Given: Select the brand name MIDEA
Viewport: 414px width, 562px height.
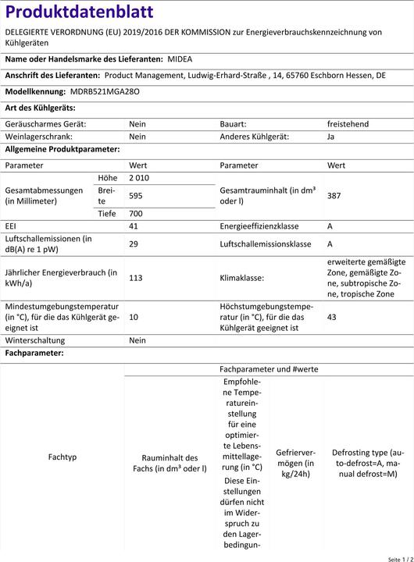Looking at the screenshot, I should click(x=179, y=59).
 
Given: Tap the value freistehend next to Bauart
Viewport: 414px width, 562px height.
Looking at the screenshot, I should click(x=348, y=124).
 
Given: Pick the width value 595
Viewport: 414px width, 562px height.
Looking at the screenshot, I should click(x=136, y=195).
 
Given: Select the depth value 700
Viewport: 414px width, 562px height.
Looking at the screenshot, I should click(x=136, y=213).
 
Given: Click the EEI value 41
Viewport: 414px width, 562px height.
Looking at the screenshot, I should click(x=134, y=226).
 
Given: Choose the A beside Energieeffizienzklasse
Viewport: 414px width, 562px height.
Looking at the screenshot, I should click(x=330, y=226).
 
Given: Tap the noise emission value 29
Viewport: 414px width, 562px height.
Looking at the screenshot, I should click(x=134, y=244).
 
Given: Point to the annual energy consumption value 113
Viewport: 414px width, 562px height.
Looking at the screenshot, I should click(x=135, y=277).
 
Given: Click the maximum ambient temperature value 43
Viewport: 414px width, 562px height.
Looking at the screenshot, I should click(x=332, y=318).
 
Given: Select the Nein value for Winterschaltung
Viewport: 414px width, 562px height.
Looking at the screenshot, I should click(x=137, y=340).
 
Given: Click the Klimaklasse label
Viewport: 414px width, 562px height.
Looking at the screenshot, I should click(x=242, y=277).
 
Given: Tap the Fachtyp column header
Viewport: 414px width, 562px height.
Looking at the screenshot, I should click(x=62, y=457).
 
